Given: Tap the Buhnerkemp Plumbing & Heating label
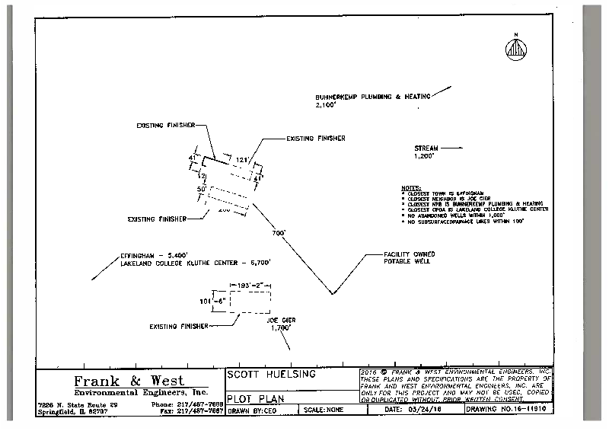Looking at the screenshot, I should [373, 97].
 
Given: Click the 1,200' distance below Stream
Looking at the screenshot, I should [423, 155].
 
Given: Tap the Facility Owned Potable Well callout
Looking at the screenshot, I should [407, 257].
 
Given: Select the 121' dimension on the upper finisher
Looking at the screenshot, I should [243, 161].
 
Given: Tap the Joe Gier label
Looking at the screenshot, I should [280, 319].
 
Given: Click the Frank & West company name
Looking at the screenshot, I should [128, 381].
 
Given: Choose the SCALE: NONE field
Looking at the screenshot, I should [324, 409].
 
